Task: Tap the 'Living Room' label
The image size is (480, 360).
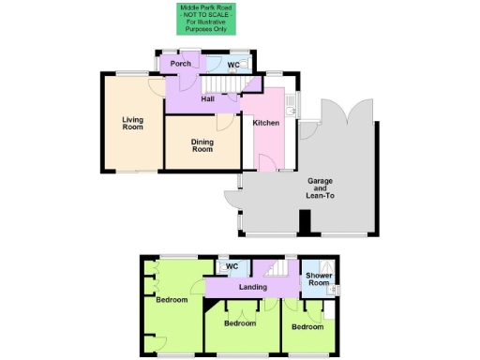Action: coord(132,123)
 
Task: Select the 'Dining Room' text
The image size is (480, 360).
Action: coord(202,144)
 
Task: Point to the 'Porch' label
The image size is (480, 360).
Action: coord(181,64)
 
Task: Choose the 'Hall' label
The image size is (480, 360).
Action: coord(208,100)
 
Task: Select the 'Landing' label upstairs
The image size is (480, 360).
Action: coord(254,287)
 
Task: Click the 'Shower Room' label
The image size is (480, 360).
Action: coord(319,279)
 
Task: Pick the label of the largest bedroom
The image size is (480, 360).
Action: coord(171,301)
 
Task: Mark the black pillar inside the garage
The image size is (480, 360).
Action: coord(304,222)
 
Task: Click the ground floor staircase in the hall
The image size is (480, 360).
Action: coord(249,85)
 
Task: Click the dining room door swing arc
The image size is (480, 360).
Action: coord(223,123)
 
